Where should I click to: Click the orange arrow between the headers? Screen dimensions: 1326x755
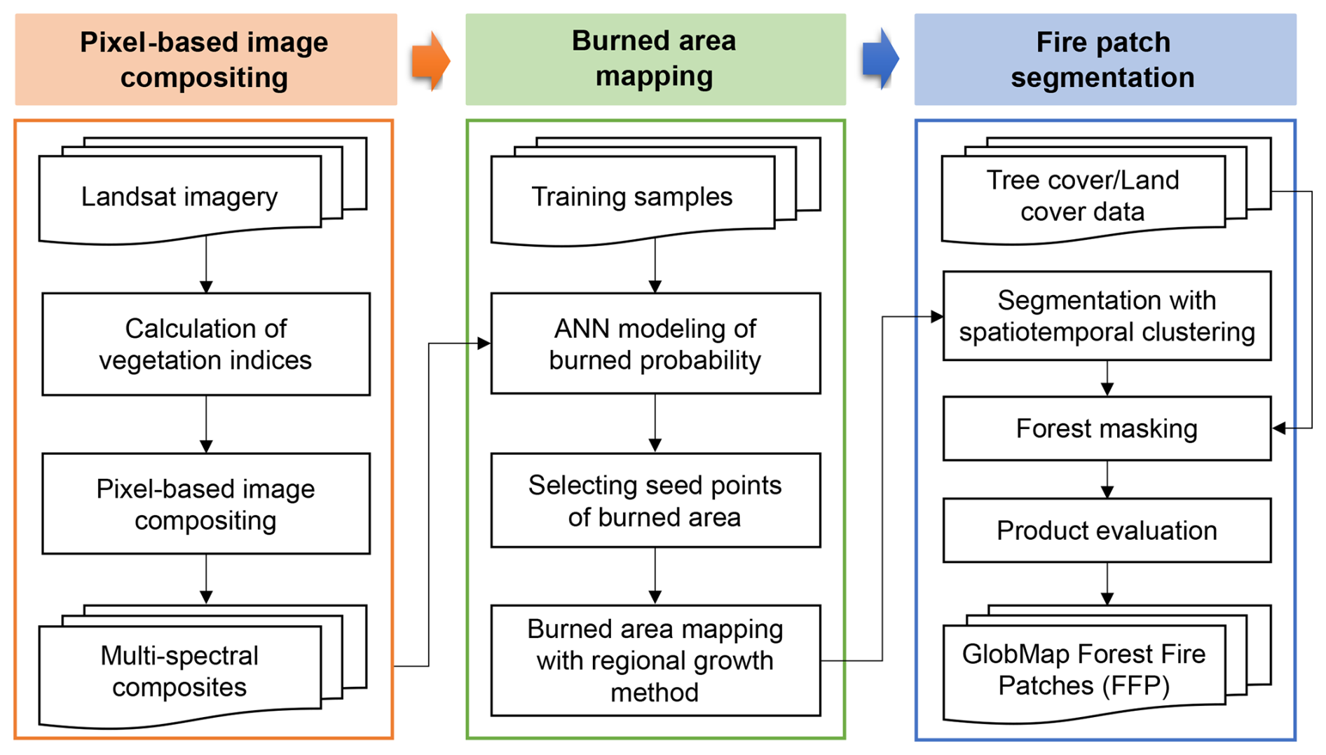(x=430, y=61)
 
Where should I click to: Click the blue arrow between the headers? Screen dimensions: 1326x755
(x=880, y=59)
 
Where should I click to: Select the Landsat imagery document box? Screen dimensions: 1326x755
(x=203, y=191)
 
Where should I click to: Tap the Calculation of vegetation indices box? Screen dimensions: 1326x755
(x=206, y=344)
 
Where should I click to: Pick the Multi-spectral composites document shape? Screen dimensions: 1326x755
(x=203, y=667)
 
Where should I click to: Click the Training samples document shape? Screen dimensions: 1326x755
(x=655, y=191)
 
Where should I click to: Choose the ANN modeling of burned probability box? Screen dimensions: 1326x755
(x=655, y=344)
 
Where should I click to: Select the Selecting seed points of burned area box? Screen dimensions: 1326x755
(x=655, y=501)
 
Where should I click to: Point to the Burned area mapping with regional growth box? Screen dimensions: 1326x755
(x=655, y=660)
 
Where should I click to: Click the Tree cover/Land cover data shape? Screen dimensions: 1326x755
(x=1106, y=191)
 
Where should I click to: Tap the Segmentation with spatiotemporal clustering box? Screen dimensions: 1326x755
(x=1107, y=316)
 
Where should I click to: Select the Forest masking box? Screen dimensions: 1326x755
(x=1107, y=428)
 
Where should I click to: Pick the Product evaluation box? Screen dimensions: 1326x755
(x=1107, y=531)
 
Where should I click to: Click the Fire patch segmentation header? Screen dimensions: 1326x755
(x=1105, y=60)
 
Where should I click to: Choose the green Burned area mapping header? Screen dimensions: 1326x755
(x=655, y=60)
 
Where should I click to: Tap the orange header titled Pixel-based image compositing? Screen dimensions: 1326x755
(x=206, y=60)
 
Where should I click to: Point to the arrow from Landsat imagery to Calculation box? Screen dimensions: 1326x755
(x=206, y=265)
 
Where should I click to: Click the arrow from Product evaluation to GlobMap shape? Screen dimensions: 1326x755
(x=1107, y=584)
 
